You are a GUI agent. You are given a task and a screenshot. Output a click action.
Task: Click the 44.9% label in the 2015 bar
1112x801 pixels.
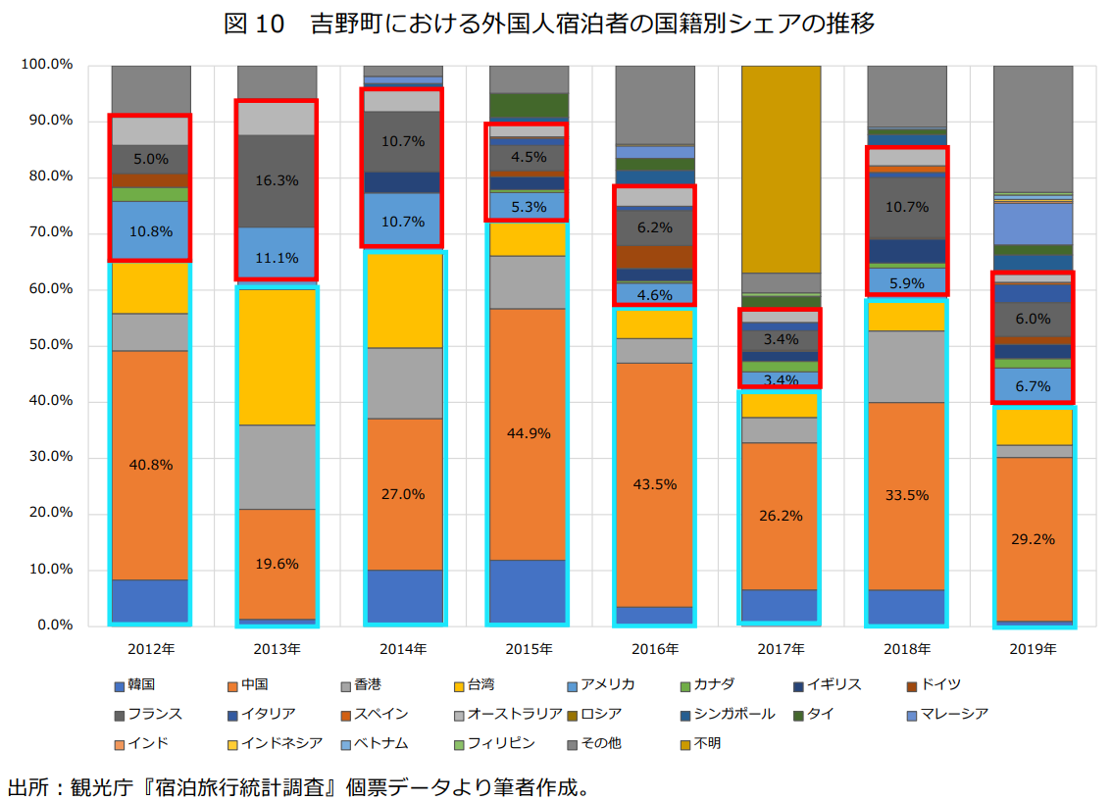point(529,433)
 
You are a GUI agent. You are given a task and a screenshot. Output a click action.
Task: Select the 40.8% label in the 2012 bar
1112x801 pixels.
point(151,465)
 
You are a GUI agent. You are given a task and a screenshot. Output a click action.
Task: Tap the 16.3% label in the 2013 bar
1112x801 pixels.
point(278,180)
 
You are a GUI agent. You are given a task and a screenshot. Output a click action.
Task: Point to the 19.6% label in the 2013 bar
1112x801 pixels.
point(278,564)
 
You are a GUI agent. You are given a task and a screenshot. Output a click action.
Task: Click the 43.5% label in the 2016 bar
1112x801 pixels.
point(655,484)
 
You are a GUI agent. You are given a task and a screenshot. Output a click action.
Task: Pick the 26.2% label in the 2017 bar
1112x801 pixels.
point(781,516)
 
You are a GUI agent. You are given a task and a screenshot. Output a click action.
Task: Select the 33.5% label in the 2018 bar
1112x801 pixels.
point(906,495)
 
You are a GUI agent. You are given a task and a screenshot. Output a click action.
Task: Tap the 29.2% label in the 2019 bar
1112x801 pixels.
point(1032,538)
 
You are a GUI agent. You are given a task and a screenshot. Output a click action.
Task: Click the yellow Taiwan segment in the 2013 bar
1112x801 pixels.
point(278,357)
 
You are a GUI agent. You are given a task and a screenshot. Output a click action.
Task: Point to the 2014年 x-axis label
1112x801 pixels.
point(403,649)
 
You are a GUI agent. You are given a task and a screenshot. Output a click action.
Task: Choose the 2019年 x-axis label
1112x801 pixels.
point(1032,649)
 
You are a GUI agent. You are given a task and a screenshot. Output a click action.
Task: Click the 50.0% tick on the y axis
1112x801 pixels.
point(46,345)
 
